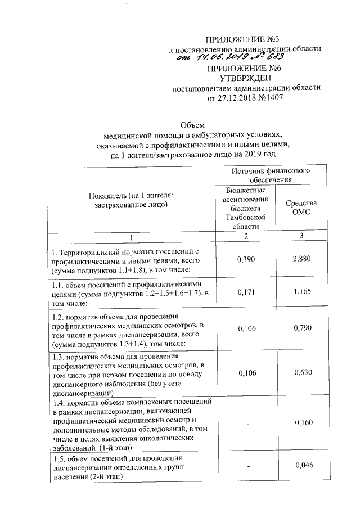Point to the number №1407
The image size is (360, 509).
coord(266,97)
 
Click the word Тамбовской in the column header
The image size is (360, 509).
coord(245,217)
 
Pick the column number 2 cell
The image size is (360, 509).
coord(245,236)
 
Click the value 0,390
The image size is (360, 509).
coord(245,259)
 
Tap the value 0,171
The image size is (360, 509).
coord(245,293)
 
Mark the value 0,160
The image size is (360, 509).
coord(302,422)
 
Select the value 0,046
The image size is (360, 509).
coord(302,464)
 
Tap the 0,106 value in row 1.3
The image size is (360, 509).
coord(245,372)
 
